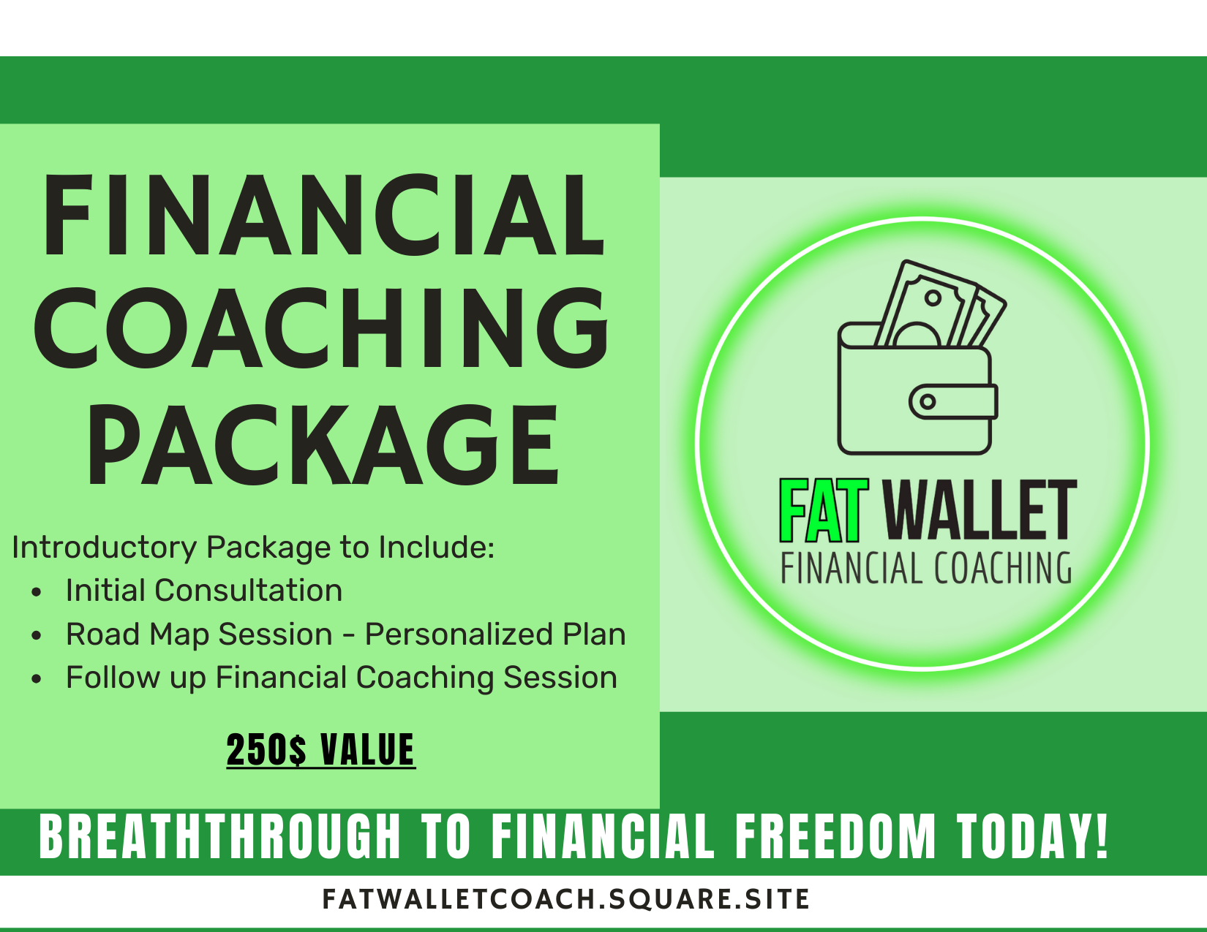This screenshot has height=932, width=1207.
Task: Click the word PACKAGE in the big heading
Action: pos(323,444)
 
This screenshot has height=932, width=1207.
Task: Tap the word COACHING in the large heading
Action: pos(321,328)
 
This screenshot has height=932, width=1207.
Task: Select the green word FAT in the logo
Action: pos(824,510)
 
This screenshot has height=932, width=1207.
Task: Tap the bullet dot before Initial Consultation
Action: pos(37,592)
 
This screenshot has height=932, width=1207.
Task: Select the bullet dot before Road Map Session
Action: pos(37,636)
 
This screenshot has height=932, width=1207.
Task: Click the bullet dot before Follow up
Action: pos(37,679)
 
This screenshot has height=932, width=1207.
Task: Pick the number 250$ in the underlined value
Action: pos(266,749)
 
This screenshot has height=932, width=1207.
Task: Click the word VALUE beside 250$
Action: pos(367,749)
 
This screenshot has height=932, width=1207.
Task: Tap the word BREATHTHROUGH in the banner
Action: pos(220,837)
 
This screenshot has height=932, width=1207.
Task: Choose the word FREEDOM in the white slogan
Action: pos(836,837)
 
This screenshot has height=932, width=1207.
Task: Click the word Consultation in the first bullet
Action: pos(248,590)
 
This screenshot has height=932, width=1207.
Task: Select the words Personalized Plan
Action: pos(495,634)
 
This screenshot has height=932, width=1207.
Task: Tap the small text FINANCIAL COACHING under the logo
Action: pos(926,568)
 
